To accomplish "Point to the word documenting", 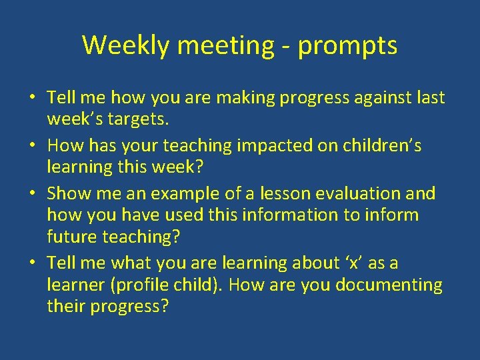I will [389, 285].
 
